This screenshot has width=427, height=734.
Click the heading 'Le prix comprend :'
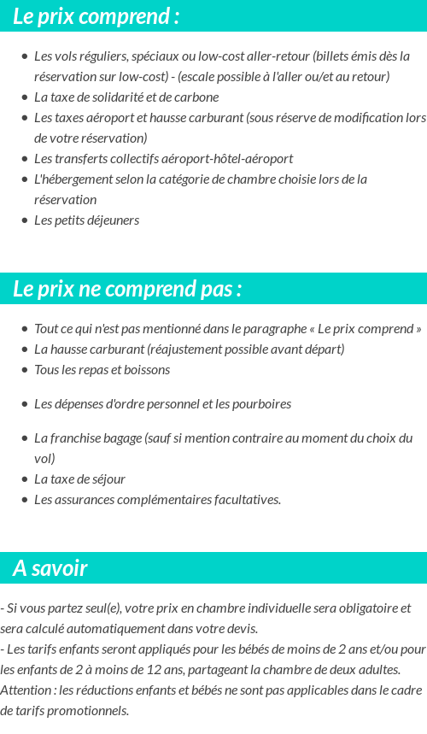tap(97, 16)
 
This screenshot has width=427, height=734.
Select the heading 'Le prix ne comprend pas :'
tap(127, 289)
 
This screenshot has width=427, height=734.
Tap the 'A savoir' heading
tap(50, 568)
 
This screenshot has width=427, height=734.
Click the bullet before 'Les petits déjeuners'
tap(25, 220)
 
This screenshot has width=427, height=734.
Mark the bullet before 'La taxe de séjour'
tap(25, 479)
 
